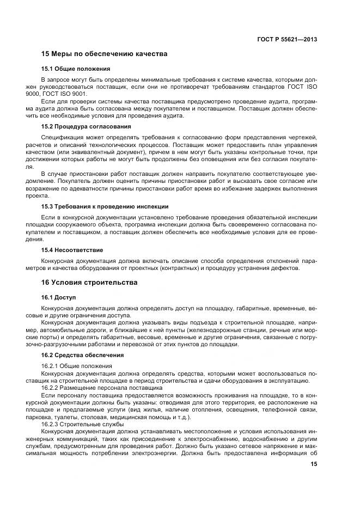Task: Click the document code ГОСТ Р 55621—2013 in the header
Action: pos(287,39)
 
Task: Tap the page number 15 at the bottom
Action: pos(313,464)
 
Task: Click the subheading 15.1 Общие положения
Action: pos(76,69)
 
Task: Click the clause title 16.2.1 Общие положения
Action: pos(77,366)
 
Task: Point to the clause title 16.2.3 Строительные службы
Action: pos(83,424)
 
